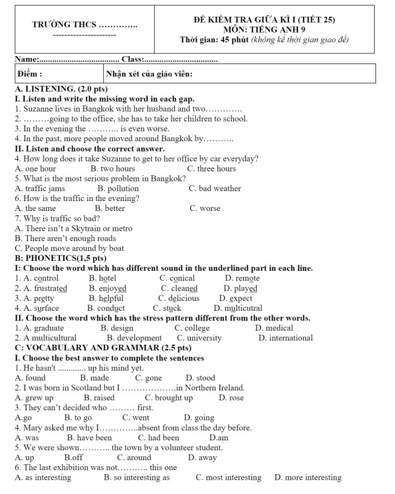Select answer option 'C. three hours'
pos(211,168)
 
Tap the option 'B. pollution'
pos(118,188)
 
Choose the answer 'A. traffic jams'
pos(39,188)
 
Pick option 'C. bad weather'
pos(215,188)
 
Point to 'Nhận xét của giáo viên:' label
pos(149,74)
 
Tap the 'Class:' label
pos(133,59)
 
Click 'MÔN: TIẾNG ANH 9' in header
pos(264,29)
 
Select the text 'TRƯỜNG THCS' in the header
pos(64,25)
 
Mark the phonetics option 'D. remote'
pos(243,278)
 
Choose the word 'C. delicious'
pos(178,298)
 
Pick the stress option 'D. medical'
pos(274,328)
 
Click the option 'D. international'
pos(285,338)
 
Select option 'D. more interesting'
pos(307,477)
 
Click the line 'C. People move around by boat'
pos(65,248)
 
